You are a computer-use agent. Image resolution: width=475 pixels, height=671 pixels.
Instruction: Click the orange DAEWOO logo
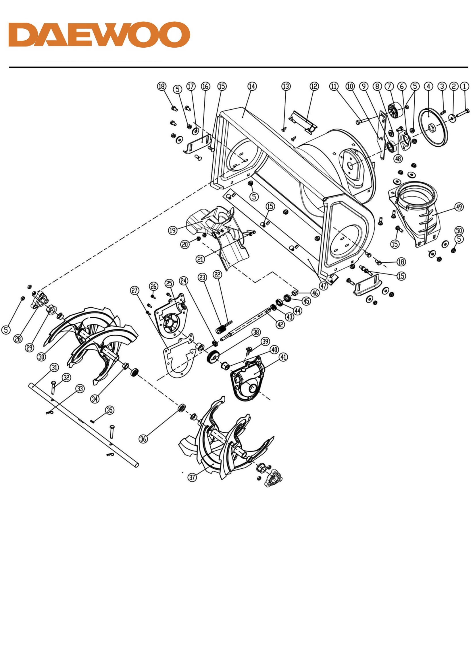pos(99,34)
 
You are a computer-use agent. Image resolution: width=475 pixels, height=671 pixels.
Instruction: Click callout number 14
pos(252,86)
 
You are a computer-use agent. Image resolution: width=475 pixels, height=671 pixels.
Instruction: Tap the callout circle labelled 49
pos(459,207)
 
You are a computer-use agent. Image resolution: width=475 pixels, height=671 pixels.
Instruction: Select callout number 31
pos(54,367)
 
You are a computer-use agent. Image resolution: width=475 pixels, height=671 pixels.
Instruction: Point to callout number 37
pos(192,478)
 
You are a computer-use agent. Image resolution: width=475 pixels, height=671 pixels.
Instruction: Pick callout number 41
pos(283,357)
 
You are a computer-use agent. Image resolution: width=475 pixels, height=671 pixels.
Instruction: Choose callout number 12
pos(314,86)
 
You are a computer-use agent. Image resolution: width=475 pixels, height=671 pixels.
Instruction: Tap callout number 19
pos(173,230)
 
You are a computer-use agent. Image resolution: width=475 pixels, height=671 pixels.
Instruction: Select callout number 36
pos(143,439)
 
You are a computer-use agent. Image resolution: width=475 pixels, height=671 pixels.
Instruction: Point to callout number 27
pos(135,290)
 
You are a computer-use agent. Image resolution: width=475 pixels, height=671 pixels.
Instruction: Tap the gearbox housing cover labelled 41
pos(248,378)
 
